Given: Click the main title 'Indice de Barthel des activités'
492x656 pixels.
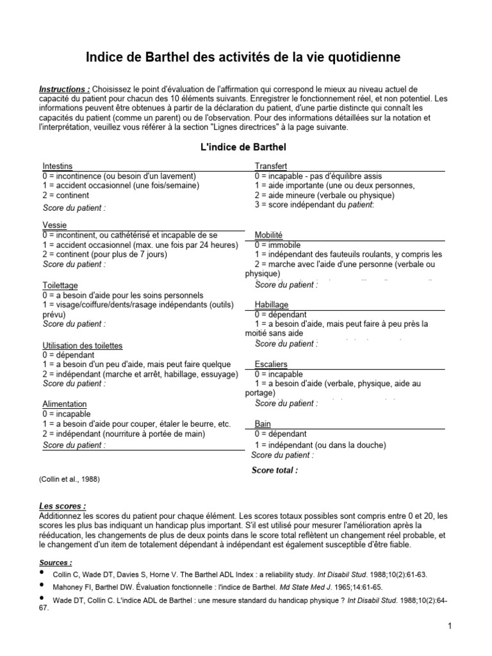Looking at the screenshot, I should click(x=243, y=58).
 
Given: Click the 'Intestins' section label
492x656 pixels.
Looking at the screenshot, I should click(x=57, y=166).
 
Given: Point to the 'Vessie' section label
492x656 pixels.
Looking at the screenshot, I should click(x=54, y=225).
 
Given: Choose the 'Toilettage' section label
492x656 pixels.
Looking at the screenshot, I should click(x=61, y=285).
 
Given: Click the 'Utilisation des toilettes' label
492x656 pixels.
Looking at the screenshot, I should click(x=82, y=345).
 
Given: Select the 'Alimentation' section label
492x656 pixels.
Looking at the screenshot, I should click(x=65, y=404).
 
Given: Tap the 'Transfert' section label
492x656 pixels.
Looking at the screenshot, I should click(x=270, y=166).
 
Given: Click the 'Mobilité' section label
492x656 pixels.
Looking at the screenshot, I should click(x=268, y=235).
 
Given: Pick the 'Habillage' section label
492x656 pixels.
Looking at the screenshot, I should click(x=271, y=305).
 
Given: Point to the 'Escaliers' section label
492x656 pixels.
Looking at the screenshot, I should click(x=271, y=364).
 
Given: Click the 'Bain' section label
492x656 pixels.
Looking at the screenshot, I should click(x=263, y=423).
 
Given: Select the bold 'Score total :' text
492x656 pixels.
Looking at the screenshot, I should click(x=274, y=470).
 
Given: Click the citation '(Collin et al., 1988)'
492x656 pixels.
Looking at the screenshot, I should click(x=70, y=479).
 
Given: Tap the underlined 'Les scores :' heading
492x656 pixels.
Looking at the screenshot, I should click(x=63, y=506).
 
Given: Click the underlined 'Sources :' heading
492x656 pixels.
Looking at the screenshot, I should click(x=56, y=562).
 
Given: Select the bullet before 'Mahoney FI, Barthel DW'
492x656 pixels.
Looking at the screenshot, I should click(x=43, y=586).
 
